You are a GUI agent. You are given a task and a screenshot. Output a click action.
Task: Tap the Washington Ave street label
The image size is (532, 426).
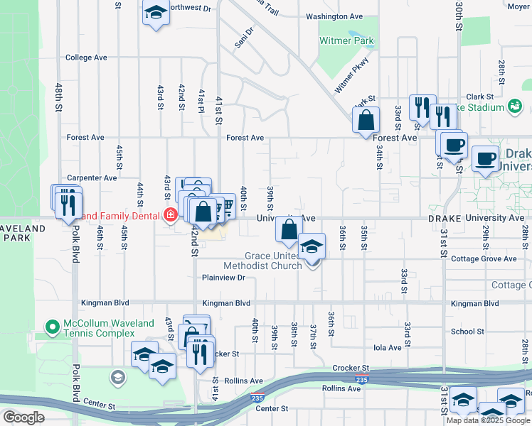tap(334, 16)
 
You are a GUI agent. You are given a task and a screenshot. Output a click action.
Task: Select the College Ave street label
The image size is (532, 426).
tap(86, 58)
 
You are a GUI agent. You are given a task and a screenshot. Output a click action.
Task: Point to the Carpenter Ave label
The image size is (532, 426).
tap(91, 178)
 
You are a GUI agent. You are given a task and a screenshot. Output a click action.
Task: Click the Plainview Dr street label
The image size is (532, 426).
tap(223, 278)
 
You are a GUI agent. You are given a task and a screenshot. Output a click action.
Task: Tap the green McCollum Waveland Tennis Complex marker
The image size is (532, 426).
tap(51, 327)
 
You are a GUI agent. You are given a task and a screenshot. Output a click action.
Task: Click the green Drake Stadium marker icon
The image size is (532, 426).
tap(515, 107)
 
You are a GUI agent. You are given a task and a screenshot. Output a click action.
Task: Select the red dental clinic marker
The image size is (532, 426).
tap(170, 214)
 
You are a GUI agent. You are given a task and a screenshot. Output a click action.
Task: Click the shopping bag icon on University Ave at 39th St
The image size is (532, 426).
tap(289, 229)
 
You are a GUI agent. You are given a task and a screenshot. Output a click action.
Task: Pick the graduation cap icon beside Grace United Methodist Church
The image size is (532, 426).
tap(312, 246)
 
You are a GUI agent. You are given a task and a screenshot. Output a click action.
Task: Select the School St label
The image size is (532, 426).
tap(467, 332)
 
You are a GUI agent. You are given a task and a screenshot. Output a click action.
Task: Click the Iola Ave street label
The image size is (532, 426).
tap(388, 348)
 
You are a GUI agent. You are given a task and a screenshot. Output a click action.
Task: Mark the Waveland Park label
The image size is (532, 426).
tap(23, 234)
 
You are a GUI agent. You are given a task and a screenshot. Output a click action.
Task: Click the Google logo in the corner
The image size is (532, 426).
tap(24, 417)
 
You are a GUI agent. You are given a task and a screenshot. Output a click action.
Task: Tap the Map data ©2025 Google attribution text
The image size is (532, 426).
tap(487, 420)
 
